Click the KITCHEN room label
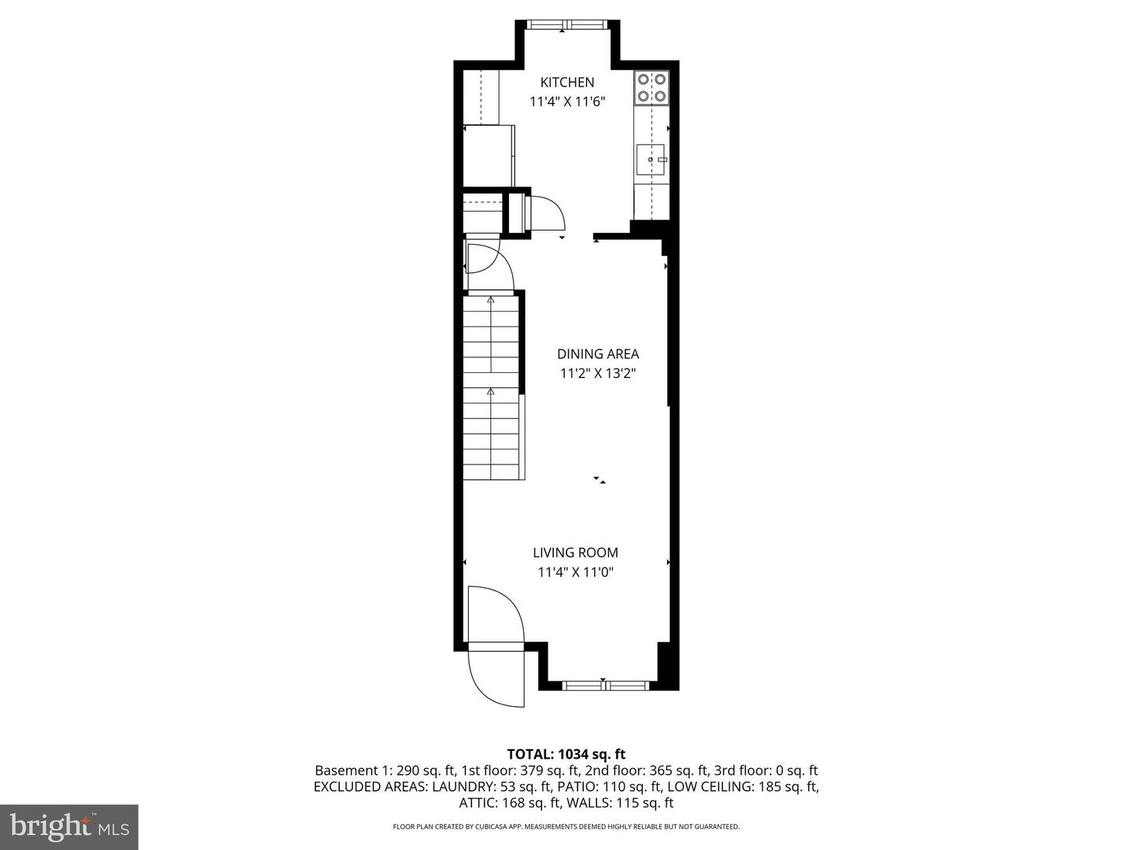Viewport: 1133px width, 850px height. tap(566, 82)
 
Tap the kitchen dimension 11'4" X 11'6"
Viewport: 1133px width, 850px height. tap(566, 101)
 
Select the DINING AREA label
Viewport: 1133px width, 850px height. tap(598, 354)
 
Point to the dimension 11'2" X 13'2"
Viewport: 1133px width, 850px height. tap(598, 374)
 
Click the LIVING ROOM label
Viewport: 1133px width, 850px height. tap(575, 552)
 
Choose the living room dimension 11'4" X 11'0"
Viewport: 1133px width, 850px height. tap(575, 572)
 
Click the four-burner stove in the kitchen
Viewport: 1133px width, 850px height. tap(651, 87)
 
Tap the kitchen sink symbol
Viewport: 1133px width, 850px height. tap(651, 160)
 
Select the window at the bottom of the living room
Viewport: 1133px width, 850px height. tap(606, 685)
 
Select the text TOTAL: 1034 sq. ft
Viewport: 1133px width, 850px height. tap(566, 754)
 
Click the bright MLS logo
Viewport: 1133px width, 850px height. tap(69, 826)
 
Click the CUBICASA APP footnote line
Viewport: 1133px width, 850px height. tap(566, 826)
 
